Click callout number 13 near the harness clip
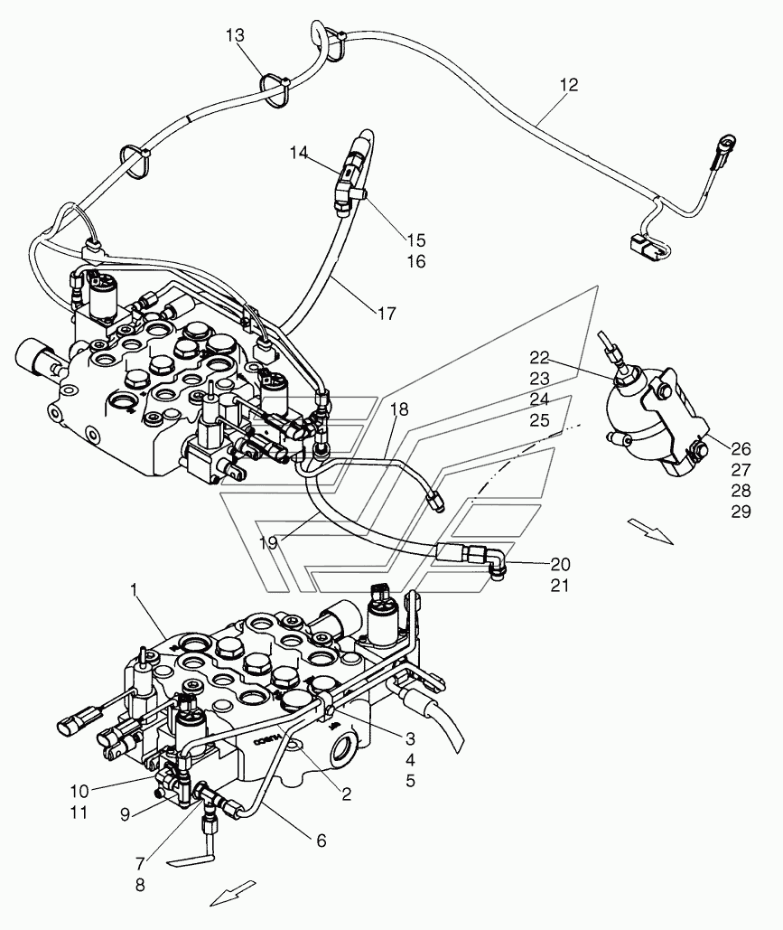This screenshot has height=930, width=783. click(x=235, y=35)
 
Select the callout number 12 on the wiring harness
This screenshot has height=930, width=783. click(x=568, y=85)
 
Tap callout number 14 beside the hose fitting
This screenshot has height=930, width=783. click(x=299, y=153)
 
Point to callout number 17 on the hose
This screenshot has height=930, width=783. click(x=387, y=313)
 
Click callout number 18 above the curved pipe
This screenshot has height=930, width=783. click(x=400, y=409)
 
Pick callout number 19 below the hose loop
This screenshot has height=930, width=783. click(x=268, y=542)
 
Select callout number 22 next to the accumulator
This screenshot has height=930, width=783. click(x=539, y=357)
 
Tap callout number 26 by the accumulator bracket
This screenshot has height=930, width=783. click(x=741, y=448)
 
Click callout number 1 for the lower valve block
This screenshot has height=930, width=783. click(x=134, y=589)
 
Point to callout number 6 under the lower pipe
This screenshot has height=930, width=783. click(x=322, y=840)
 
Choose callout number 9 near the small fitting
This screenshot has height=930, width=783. click(x=125, y=815)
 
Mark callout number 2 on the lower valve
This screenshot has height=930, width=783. click(x=346, y=794)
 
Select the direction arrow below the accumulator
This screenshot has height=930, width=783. click(x=650, y=530)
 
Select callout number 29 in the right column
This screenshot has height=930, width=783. click(x=741, y=512)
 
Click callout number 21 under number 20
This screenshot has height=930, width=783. click(x=560, y=586)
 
